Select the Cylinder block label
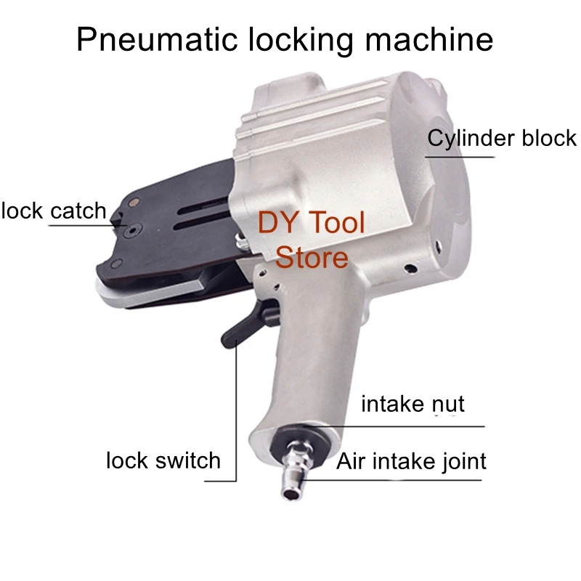click(502, 138)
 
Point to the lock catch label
click(54, 211)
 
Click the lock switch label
click(163, 460)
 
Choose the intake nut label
click(413, 403)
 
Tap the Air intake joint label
click(411, 460)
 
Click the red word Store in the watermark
click(313, 256)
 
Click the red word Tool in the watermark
click(335, 222)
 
